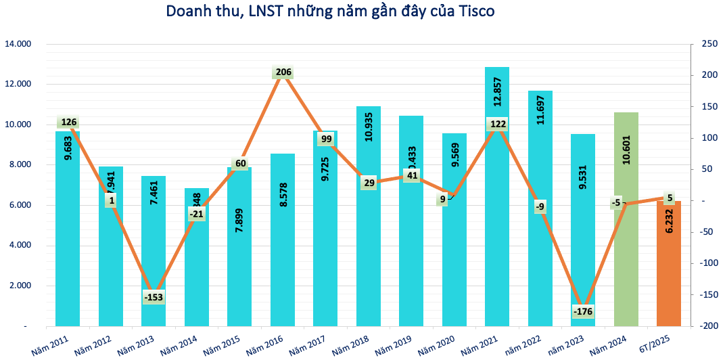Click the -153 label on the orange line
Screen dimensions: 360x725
(153, 297)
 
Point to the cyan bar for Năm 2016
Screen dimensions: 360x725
(283, 257)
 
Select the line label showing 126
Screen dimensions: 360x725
(68, 122)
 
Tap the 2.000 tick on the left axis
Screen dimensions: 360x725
(20, 286)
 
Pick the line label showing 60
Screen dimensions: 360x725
(240, 163)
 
